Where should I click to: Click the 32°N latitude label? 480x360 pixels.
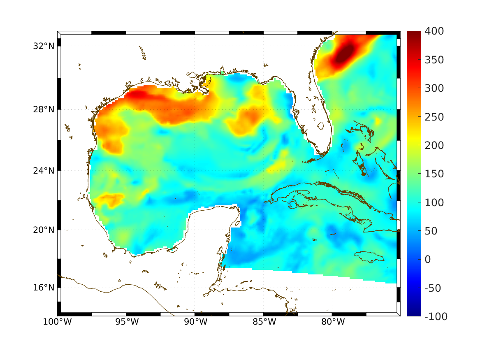point(44,46)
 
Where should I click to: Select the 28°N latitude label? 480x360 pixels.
point(44,109)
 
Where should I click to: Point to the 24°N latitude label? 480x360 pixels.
point(44,170)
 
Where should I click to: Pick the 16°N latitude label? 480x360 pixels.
point(44,287)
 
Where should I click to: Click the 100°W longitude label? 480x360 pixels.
point(57,322)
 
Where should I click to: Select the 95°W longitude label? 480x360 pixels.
point(127,322)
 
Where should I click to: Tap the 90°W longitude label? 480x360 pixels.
point(195,322)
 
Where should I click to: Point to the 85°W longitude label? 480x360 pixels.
point(264,322)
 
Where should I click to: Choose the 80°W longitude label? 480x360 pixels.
point(333,322)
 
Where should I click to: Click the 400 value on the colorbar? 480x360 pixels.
point(434,32)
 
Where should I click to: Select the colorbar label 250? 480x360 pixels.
point(434,117)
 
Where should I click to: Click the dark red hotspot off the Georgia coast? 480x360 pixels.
point(345,53)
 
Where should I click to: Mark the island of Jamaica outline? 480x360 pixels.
point(369,257)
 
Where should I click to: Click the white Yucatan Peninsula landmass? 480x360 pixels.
point(210,230)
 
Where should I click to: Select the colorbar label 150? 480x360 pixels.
point(434,174)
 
